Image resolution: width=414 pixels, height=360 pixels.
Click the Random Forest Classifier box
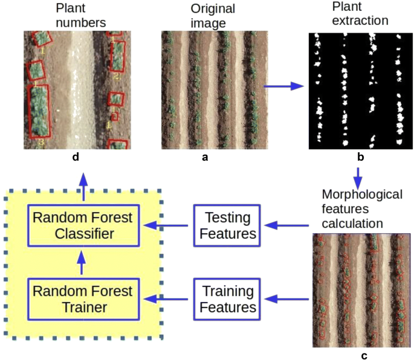tap(83, 225)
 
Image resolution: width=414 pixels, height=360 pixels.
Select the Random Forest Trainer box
tap(83, 298)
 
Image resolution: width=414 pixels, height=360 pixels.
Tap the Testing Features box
tap(227, 225)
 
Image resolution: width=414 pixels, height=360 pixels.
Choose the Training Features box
tap(227, 298)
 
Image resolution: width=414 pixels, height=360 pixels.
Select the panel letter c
tap(364, 355)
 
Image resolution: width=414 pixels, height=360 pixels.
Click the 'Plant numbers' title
tap(80, 16)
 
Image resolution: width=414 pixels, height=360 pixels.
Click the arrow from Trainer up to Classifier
tap(83, 261)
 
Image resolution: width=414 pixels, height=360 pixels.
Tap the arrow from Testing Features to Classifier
tap(169, 225)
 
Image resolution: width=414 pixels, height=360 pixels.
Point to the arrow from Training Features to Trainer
tap(169, 298)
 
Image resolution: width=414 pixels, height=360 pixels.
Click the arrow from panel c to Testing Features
tap(287, 225)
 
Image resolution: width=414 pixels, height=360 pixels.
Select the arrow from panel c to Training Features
tap(287, 298)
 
